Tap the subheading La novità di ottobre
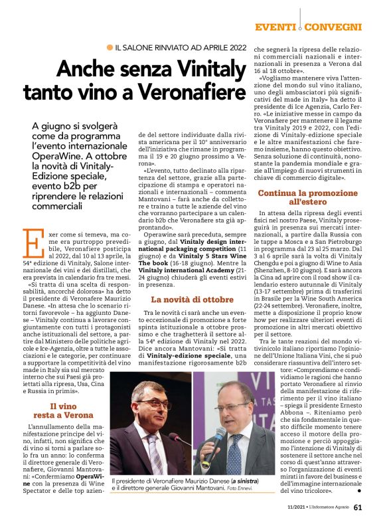(185, 300)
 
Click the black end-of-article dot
(359, 491)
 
